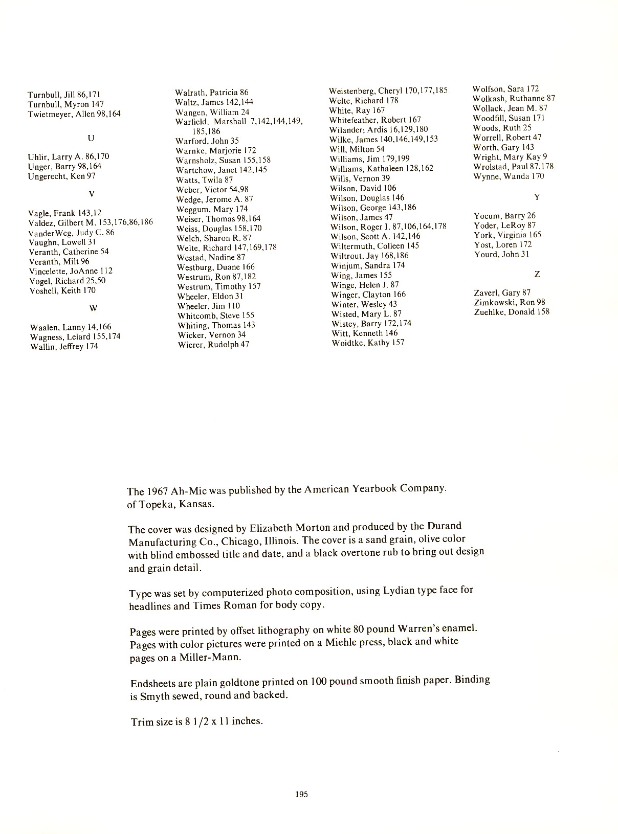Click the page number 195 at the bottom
(301, 794)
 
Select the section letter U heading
(91, 138)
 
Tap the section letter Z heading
(537, 275)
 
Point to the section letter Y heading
(537, 197)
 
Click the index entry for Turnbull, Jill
(64, 95)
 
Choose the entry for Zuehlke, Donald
(512, 312)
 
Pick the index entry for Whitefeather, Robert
(375, 120)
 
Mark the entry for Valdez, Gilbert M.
(91, 222)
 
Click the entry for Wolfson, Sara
(505, 89)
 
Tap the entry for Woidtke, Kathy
(368, 343)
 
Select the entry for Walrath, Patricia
(212, 93)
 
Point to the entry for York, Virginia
(507, 235)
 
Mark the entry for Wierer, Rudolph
(213, 345)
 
